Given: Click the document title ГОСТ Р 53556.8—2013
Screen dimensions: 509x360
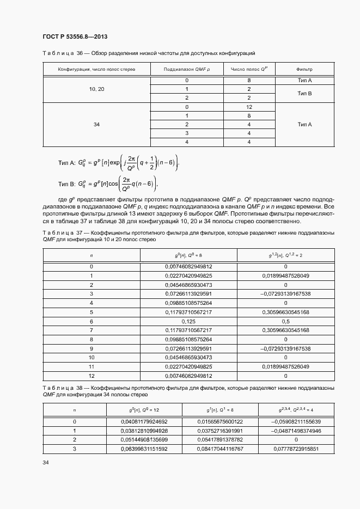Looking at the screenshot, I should pyautogui.click(x=74, y=36).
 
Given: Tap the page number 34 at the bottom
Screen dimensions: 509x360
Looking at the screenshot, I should pyautogui.click(x=46, y=463).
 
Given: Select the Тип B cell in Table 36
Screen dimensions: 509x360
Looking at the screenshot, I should pyautogui.click(x=304, y=94).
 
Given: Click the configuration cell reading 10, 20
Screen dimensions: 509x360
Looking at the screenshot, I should pyautogui.click(x=96, y=89).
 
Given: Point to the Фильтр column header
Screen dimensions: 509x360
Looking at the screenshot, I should pyautogui.click(x=304, y=70).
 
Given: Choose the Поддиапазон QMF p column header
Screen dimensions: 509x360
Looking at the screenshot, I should pyautogui.click(x=187, y=70).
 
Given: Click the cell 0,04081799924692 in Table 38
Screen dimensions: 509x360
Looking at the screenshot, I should pyautogui.click(x=144, y=421).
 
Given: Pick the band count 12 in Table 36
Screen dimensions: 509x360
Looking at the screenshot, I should pyautogui.click(x=249, y=107).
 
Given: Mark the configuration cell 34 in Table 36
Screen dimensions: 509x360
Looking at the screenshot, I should pyautogui.click(x=96, y=125).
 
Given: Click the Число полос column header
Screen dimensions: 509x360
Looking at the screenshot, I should pyautogui.click(x=249, y=70).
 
